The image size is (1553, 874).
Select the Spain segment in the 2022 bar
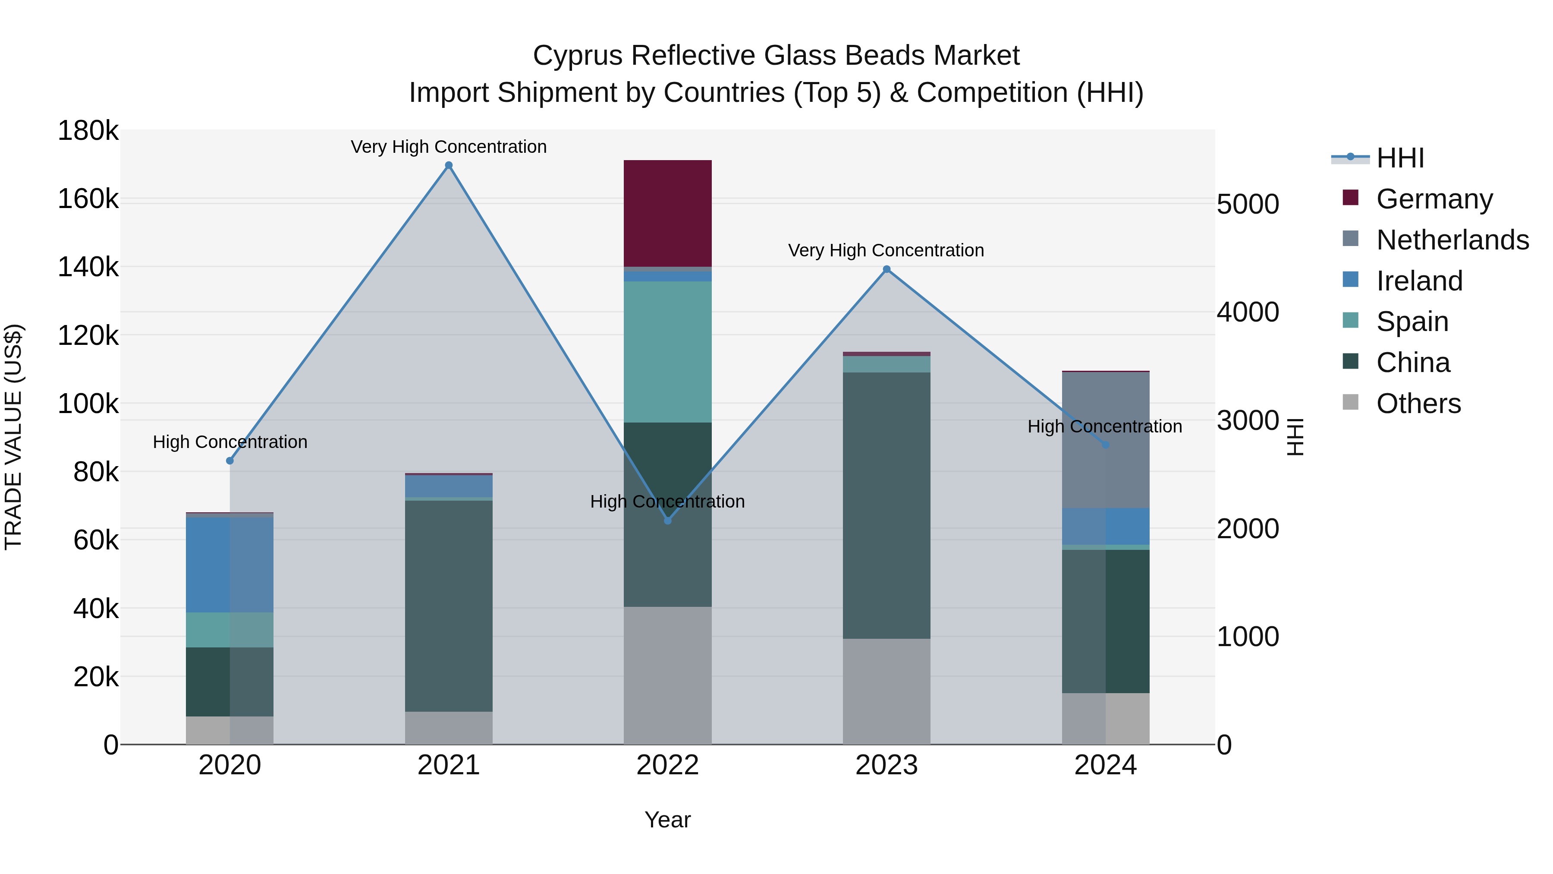[x=667, y=352]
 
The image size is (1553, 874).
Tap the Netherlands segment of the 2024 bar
[x=1105, y=440]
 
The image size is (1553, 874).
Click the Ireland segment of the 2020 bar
[x=229, y=565]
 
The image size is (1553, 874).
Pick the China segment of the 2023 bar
[x=886, y=505]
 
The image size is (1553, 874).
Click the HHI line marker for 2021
[x=449, y=165]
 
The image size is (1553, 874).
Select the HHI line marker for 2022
[x=667, y=521]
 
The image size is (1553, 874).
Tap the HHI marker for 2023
[x=886, y=270]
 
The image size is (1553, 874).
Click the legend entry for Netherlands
[x=1452, y=240]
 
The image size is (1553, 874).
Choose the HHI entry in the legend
[x=1400, y=158]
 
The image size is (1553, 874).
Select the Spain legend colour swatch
[x=1350, y=320]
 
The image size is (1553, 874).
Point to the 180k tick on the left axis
[x=88, y=131]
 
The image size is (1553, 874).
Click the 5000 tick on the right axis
[x=1247, y=205]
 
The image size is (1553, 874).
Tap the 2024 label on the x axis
[x=1105, y=765]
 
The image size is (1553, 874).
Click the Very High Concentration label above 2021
[x=449, y=147]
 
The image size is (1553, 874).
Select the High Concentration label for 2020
[x=229, y=442]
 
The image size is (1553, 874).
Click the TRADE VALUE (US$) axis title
[x=13, y=437]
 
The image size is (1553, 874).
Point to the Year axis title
[x=667, y=820]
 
